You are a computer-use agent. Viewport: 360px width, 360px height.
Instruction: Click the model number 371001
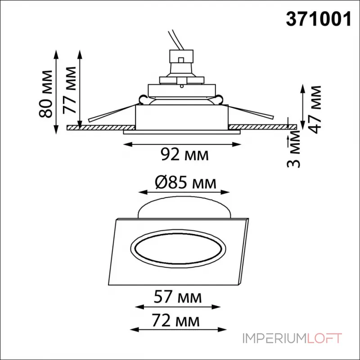coord(319,19)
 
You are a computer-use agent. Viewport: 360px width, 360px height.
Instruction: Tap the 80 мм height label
coord(45,94)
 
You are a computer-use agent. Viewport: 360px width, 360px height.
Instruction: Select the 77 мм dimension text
coord(69,90)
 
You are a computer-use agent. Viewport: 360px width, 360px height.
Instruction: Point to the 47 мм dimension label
coord(314,110)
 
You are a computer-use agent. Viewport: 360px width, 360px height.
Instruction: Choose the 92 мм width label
coord(184,154)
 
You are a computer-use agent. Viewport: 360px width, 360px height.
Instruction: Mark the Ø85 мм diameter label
coord(185,183)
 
